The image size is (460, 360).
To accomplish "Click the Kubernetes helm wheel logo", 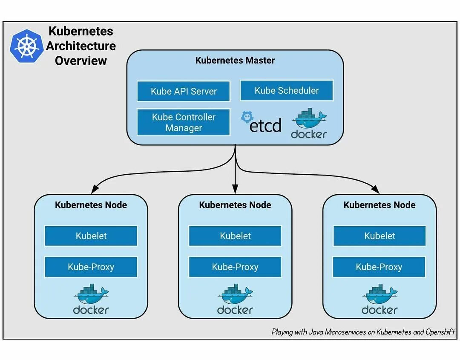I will click(x=27, y=46).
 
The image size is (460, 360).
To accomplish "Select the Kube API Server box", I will click(x=184, y=91).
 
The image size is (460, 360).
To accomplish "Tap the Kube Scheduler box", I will click(x=287, y=90).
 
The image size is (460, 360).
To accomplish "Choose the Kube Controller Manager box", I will click(x=184, y=123).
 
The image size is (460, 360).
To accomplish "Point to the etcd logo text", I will click(x=265, y=126).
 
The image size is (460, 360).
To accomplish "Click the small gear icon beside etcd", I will click(x=247, y=117).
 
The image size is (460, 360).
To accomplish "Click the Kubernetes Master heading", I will click(x=235, y=60).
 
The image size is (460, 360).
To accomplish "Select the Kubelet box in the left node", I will click(x=91, y=236).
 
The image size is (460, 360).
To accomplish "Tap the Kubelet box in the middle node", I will click(x=235, y=236).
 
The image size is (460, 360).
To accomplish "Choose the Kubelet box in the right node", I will click(x=379, y=236).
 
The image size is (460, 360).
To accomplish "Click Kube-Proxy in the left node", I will click(x=91, y=267).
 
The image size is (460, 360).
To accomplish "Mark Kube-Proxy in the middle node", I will click(x=235, y=267).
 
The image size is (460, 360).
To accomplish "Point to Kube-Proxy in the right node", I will click(x=379, y=267).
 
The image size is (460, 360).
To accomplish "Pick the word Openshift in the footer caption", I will click(x=440, y=332).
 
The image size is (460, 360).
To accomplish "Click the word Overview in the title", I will click(x=81, y=60).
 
